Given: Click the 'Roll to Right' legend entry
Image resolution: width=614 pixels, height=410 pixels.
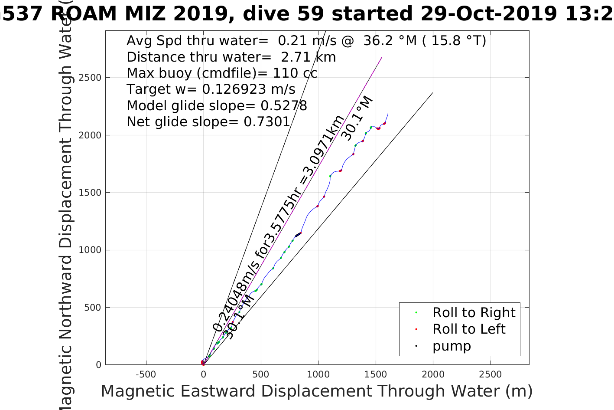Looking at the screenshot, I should coord(474,312).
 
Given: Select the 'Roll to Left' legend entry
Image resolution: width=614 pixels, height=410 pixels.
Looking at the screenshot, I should coord(468,329).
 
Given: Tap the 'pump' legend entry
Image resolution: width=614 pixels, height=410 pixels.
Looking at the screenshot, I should coord(452,346).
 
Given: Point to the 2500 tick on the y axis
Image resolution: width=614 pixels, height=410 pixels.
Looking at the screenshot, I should coord(90,78).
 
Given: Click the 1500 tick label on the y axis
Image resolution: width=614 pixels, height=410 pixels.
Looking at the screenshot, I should coord(90,193).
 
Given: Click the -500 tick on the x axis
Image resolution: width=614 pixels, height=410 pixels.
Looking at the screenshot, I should coord(146,374).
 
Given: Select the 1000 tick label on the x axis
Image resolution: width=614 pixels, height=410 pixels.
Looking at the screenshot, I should coord(318,374).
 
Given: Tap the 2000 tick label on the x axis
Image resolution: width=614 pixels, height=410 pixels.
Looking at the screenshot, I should coord(433,374).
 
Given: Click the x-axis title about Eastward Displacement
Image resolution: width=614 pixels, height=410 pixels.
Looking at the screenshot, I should coord(316,391).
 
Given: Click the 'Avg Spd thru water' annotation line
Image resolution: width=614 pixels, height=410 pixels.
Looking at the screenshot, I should coord(306,41).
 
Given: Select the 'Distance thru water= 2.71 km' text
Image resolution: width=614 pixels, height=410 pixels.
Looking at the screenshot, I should coord(231,57).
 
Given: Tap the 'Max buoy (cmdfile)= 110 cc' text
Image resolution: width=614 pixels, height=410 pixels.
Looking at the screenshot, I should coord(222,73).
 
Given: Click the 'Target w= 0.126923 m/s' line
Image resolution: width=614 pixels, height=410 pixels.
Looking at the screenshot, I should coord(211,89).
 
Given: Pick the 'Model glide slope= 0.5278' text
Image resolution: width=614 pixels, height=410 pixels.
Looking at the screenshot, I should coord(217,106).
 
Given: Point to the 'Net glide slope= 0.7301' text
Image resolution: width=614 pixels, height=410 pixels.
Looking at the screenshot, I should coord(208,122).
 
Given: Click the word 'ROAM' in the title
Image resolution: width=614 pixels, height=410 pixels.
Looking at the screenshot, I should coord(84,14).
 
